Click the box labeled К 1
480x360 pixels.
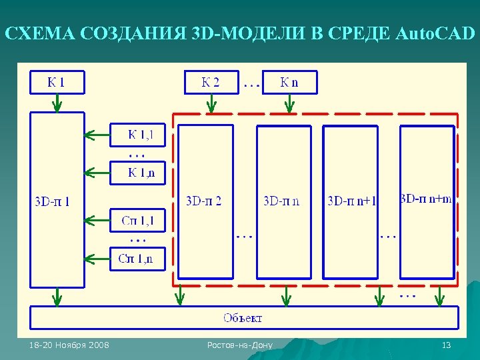(x=57, y=83)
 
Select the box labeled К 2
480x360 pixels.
(x=211, y=83)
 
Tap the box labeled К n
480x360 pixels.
(x=289, y=83)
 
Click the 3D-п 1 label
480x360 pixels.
(x=52, y=200)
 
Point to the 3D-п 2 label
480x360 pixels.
(x=204, y=200)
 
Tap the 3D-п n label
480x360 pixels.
(x=281, y=200)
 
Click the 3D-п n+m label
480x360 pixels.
(x=426, y=199)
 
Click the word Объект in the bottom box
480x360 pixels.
(x=243, y=317)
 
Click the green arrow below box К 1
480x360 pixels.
(x=57, y=102)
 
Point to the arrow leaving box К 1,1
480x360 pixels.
(x=97, y=136)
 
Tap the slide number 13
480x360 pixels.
(x=447, y=345)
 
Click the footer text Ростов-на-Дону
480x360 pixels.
(x=240, y=345)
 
